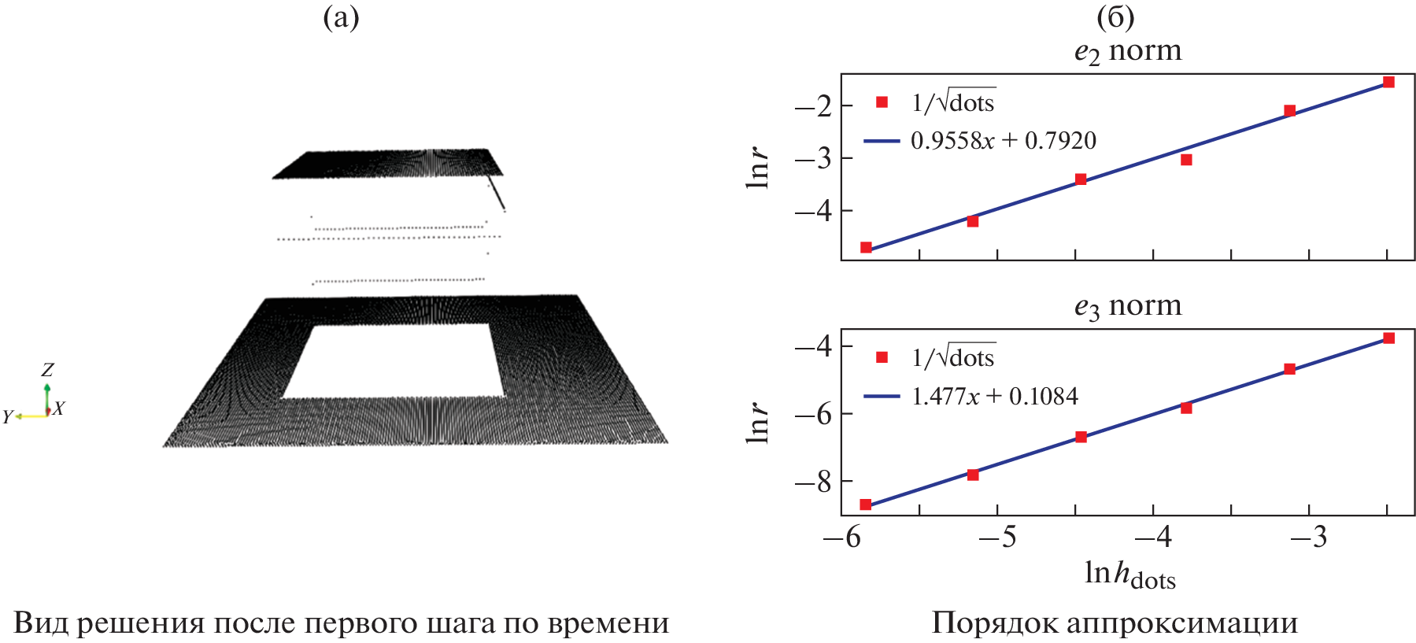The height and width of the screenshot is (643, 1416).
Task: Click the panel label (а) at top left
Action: (x=341, y=17)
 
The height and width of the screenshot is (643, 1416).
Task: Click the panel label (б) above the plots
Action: (x=1115, y=17)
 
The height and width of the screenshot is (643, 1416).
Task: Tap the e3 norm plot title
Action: (x=1127, y=306)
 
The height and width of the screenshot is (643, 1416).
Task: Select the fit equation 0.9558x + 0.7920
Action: (x=1003, y=141)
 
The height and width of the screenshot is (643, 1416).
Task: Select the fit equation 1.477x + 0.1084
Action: (x=994, y=396)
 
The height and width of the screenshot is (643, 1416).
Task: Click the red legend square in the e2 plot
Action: (x=882, y=102)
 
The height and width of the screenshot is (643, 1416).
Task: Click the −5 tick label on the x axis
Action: (x=997, y=538)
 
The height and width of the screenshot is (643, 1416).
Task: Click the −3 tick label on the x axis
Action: (x=1308, y=538)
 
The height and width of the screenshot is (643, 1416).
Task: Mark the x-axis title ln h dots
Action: (x=1129, y=575)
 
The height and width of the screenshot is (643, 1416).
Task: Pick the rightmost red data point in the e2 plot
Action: (x=1388, y=83)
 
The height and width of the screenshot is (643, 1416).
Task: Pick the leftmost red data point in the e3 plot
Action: (x=866, y=504)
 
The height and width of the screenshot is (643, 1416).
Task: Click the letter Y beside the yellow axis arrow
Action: (x=8, y=416)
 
